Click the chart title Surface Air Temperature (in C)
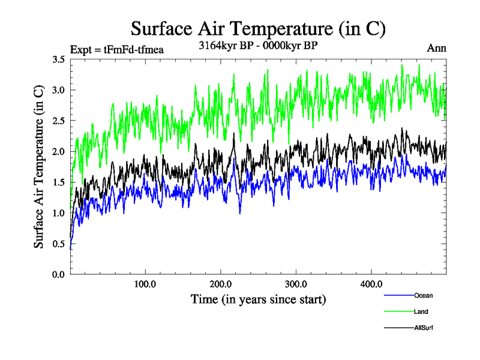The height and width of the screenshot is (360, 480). (x=258, y=28)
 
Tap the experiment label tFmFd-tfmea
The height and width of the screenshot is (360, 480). (x=117, y=49)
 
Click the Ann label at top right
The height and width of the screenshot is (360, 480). (x=436, y=49)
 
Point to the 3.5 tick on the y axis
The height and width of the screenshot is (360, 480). (x=59, y=59)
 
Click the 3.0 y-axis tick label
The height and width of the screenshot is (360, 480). (x=59, y=90)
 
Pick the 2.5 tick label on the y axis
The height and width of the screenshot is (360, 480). (x=59, y=121)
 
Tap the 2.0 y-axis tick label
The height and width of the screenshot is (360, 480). (x=59, y=151)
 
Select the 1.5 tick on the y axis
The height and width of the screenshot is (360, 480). (x=59, y=182)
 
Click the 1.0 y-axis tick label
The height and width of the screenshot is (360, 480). (x=59, y=213)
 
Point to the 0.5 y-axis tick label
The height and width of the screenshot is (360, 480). (x=59, y=244)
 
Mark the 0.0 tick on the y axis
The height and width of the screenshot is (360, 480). (x=59, y=274)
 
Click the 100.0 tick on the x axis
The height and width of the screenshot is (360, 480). (x=146, y=284)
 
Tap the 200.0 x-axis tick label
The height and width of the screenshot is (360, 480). (x=221, y=284)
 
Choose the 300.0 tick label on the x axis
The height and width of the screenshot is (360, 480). (x=296, y=284)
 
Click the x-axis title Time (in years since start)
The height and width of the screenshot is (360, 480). (x=258, y=299)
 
